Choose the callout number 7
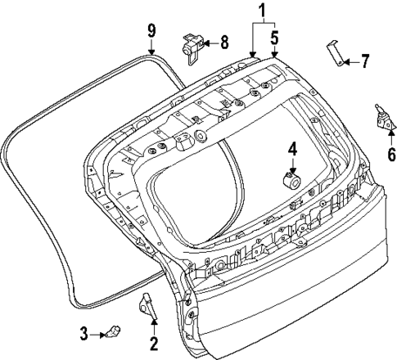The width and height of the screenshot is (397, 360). (365, 60)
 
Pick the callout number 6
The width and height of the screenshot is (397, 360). (391, 153)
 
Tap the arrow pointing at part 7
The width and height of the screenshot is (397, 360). (350, 61)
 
